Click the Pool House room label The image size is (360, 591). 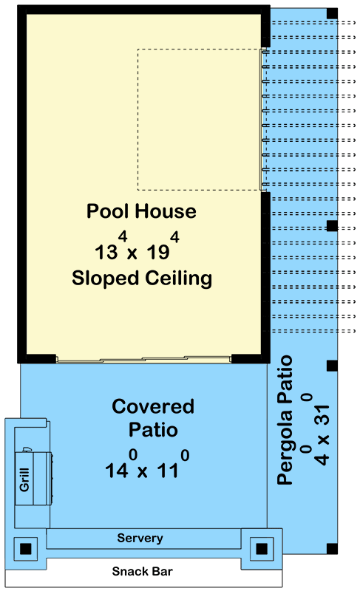[141, 211]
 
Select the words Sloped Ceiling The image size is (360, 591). [141, 279]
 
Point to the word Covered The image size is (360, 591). [153, 406]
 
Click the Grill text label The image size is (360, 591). [24, 482]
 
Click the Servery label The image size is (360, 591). [140, 538]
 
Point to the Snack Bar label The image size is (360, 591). [142, 571]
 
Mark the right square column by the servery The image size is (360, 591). [262, 548]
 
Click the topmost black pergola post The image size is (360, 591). [332, 14]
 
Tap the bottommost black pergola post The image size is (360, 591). [332, 548]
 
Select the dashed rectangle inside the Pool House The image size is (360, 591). [199, 119]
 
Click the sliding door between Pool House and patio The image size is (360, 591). [144, 361]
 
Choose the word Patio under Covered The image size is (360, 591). [153, 429]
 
